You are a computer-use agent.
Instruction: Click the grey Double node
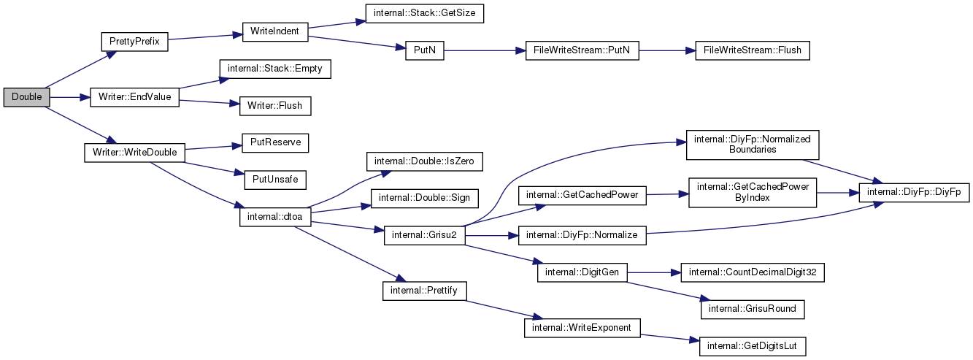[26, 97]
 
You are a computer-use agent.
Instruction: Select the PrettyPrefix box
[134, 42]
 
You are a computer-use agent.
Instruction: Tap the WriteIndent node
[275, 31]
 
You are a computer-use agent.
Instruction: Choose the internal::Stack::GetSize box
[424, 13]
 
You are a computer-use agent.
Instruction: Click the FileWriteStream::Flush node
[753, 50]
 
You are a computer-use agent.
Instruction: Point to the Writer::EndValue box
[134, 97]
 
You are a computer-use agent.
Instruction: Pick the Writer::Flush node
[275, 106]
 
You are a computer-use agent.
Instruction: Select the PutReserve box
[275, 142]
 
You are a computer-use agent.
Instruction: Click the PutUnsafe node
[275, 180]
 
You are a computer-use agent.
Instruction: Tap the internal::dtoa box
[275, 217]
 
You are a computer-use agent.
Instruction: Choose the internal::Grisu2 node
[424, 235]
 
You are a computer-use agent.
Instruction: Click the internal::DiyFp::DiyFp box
[914, 192]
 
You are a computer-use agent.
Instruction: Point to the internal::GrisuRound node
[753, 309]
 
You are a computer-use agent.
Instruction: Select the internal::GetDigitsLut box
[753, 346]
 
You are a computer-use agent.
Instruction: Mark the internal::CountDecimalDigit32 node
[753, 272]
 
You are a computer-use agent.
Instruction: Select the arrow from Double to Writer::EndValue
[70, 97]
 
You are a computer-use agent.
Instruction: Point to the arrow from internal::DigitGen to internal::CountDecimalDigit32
[654, 272]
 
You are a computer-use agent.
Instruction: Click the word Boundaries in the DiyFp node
[753, 150]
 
